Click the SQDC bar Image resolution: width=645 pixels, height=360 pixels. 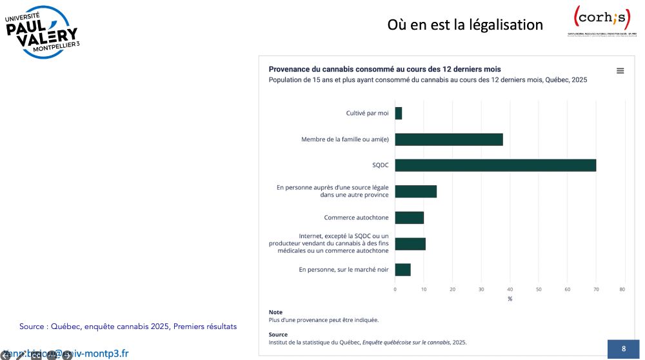(495, 165)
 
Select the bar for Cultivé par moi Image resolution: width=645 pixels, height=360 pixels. (399, 113)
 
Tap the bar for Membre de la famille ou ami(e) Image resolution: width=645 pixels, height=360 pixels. (449, 139)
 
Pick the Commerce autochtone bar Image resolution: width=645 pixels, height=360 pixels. (410, 217)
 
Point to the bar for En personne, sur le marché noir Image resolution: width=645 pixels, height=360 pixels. (403, 270)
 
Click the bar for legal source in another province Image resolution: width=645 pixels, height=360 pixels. (416, 192)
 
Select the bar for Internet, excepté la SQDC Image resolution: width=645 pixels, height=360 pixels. (410, 244)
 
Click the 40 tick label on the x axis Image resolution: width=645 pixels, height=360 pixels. (510, 289)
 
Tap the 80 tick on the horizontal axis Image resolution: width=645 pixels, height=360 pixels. (622, 289)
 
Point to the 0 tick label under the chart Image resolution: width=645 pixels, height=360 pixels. (395, 289)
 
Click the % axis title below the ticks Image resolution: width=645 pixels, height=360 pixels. (510, 299)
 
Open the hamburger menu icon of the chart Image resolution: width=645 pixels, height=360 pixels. (620, 71)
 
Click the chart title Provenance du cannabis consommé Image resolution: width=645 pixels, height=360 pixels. (384, 69)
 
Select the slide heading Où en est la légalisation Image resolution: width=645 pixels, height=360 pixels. (465, 25)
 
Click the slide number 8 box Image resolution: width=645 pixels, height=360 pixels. (623, 349)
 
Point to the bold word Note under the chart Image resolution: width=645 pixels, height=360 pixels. (275, 312)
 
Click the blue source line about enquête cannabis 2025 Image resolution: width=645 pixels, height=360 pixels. (128, 326)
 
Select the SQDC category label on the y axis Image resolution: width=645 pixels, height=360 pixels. (381, 165)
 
